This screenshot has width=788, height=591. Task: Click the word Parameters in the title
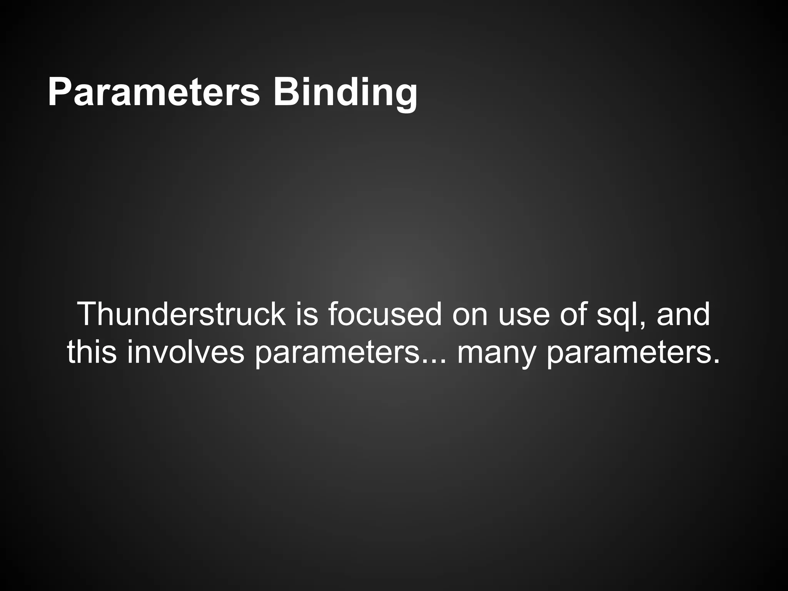tap(154, 92)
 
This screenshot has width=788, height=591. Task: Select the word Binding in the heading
tap(345, 92)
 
